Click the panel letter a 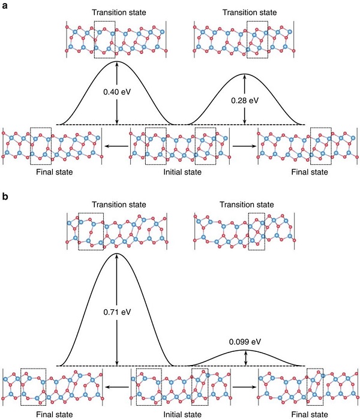pyautogui.click(x=5, y=5)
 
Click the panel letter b pyautogui.click(x=5, y=197)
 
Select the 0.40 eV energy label pyautogui.click(x=117, y=92)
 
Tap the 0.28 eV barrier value pyautogui.click(x=245, y=101)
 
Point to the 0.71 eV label pyautogui.click(x=117, y=312)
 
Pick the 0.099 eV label pyautogui.click(x=245, y=342)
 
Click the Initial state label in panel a pyautogui.click(x=182, y=172)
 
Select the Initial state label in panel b pyautogui.click(x=182, y=414)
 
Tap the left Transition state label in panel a pyautogui.click(x=119, y=13)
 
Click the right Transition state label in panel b pyautogui.click(x=247, y=204)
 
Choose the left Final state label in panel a pyautogui.click(x=55, y=172)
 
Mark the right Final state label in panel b pyautogui.click(x=310, y=414)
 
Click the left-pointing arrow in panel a pyautogui.click(x=116, y=146)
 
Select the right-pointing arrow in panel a pyautogui.click(x=244, y=146)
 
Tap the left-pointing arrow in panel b pyautogui.click(x=116, y=387)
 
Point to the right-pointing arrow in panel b pyautogui.click(x=244, y=387)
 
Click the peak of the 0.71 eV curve pyautogui.click(x=116, y=253)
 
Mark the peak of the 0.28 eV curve pyautogui.click(x=244, y=74)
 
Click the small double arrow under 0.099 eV pyautogui.click(x=246, y=358)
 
